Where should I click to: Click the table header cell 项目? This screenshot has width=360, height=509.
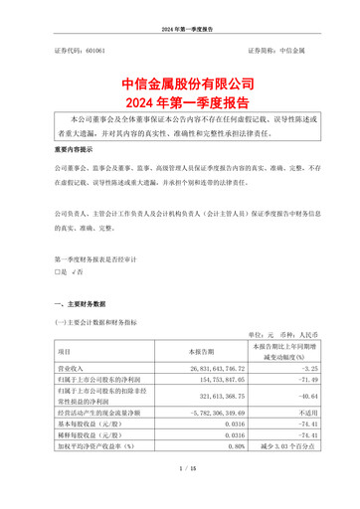pyautogui.click(x=64, y=352)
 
